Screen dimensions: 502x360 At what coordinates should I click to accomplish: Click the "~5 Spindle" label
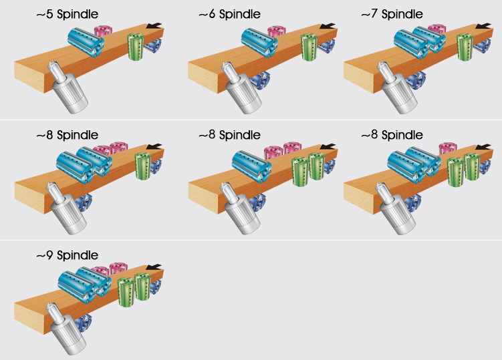[x=68, y=15]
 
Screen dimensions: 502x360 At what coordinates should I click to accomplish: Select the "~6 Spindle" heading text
[x=229, y=15]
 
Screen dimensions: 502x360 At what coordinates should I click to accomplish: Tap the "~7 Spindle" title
[x=392, y=15]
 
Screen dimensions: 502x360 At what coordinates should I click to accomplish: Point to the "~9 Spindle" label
[x=68, y=255]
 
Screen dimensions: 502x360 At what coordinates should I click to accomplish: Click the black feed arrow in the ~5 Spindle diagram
[x=154, y=25]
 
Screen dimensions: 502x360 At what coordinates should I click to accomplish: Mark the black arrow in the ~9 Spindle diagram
[x=154, y=267]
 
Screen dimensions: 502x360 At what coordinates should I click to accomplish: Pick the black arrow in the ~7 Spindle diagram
[x=483, y=25]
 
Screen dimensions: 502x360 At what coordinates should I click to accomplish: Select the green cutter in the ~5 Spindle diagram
[x=136, y=47]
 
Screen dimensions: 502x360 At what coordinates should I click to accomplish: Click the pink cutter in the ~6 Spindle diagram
[x=277, y=31]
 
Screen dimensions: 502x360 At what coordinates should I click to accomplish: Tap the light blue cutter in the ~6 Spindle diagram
[x=259, y=43]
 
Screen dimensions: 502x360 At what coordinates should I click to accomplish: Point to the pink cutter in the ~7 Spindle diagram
[x=436, y=28]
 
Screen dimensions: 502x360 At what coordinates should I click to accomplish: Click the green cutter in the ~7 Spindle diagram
[x=465, y=47]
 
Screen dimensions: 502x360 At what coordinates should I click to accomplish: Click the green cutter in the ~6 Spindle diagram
[x=309, y=47]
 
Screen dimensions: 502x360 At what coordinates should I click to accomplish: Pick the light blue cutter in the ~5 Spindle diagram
[x=86, y=42]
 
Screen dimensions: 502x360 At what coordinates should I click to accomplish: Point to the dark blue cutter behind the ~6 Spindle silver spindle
[x=260, y=80]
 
